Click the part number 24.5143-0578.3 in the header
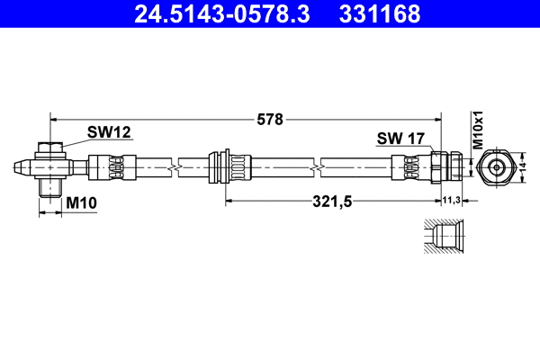pyautogui.click(x=222, y=13)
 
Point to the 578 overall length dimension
pyautogui.click(x=270, y=118)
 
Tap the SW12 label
pyautogui.click(x=109, y=132)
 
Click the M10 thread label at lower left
pyautogui.click(x=82, y=203)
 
